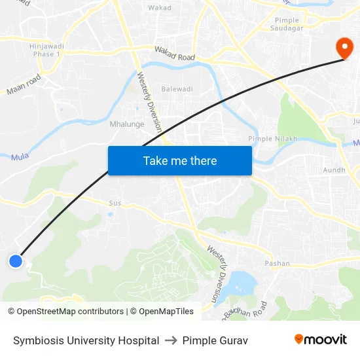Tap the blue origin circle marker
point(16,261)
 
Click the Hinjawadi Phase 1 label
point(45,50)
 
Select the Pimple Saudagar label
point(287,25)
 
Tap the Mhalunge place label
point(127,124)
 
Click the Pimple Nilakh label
point(272,139)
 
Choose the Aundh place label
point(334,170)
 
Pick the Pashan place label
point(277,263)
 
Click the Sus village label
point(115,203)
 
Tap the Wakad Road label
point(175,53)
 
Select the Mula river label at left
point(20,156)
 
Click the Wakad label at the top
point(160,8)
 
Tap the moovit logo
point(321,339)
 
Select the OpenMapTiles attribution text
point(162,312)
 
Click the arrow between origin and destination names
point(171,340)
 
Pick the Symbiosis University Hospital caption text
point(86,340)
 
